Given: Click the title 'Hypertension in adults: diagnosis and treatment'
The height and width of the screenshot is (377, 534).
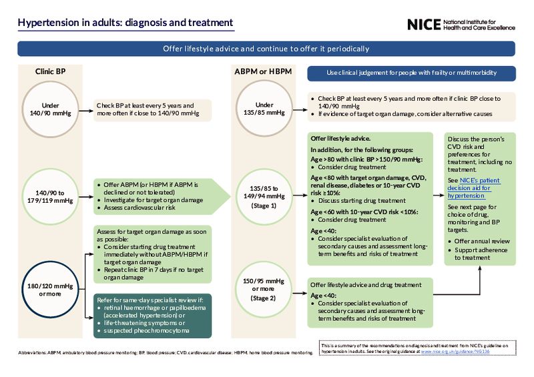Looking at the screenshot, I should [125, 23].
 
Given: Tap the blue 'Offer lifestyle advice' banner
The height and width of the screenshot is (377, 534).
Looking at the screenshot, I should [266, 49].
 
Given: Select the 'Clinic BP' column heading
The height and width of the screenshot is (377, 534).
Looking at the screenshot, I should [51, 71].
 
